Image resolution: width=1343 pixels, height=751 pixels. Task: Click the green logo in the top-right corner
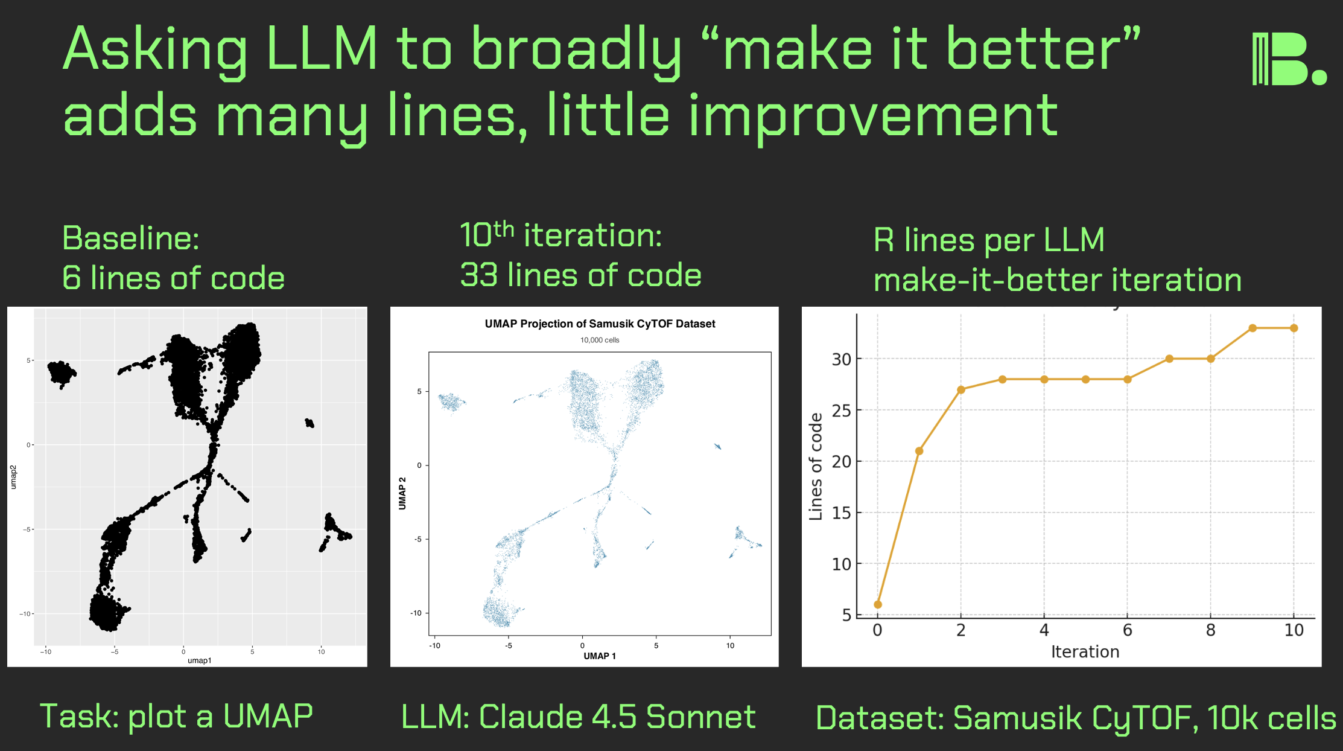pyautogui.click(x=1288, y=59)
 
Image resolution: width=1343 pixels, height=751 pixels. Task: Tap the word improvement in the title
pyautogui.click(x=873, y=116)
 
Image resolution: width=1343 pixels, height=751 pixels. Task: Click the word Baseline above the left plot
pyautogui.click(x=130, y=238)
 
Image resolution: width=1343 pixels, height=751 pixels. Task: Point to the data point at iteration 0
pyautogui.click(x=878, y=604)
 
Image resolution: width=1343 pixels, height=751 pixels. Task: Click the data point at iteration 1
pyautogui.click(x=919, y=451)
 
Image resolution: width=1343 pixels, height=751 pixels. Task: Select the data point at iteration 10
pyautogui.click(x=1294, y=328)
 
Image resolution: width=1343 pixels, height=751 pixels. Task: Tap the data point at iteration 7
pyautogui.click(x=1169, y=359)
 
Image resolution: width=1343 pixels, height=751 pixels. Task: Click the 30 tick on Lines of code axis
pyautogui.click(x=841, y=360)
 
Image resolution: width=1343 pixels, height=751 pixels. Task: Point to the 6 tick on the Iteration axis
pyautogui.click(x=1127, y=630)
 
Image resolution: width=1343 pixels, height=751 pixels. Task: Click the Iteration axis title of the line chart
pyautogui.click(x=1085, y=652)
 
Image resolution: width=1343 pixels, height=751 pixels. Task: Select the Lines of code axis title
pyautogui.click(x=816, y=466)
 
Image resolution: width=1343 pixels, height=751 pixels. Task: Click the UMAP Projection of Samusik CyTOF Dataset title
pyautogui.click(x=600, y=324)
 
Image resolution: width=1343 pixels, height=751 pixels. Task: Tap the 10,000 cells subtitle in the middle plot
pyautogui.click(x=600, y=340)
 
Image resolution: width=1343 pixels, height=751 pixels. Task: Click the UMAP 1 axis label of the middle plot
pyautogui.click(x=600, y=656)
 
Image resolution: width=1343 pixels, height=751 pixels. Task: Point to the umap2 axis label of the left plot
pyautogui.click(x=13, y=477)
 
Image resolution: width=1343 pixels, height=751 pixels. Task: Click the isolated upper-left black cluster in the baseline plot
pyautogui.click(x=62, y=372)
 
